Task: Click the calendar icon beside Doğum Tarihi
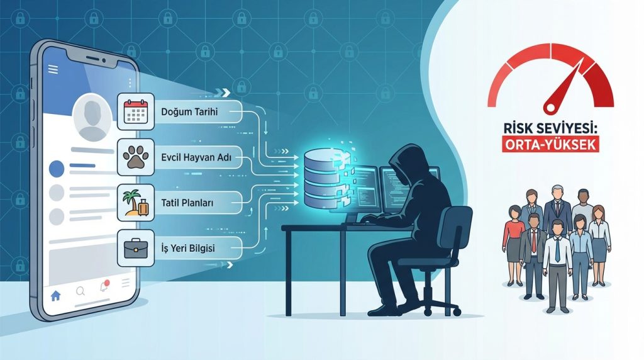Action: coord(135,111)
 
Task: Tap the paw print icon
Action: coord(135,157)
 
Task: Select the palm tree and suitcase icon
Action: coord(136,203)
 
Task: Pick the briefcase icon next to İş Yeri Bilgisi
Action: coord(136,248)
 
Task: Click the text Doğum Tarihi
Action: coord(189,112)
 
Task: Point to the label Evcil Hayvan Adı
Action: coord(196,157)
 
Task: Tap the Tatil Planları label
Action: coord(187,203)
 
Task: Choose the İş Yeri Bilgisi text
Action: coord(187,248)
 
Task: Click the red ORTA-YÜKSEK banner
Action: coord(550,144)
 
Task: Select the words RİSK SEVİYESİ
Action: coord(550,128)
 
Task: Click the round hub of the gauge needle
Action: coord(550,108)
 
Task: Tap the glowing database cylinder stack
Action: coord(323,179)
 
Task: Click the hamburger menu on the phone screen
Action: coord(53,69)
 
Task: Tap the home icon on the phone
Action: coord(55,295)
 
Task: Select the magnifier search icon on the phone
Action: coord(80,291)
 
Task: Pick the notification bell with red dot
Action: coord(105,286)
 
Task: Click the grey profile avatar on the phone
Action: coord(92,117)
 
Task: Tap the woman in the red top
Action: coord(514,245)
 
